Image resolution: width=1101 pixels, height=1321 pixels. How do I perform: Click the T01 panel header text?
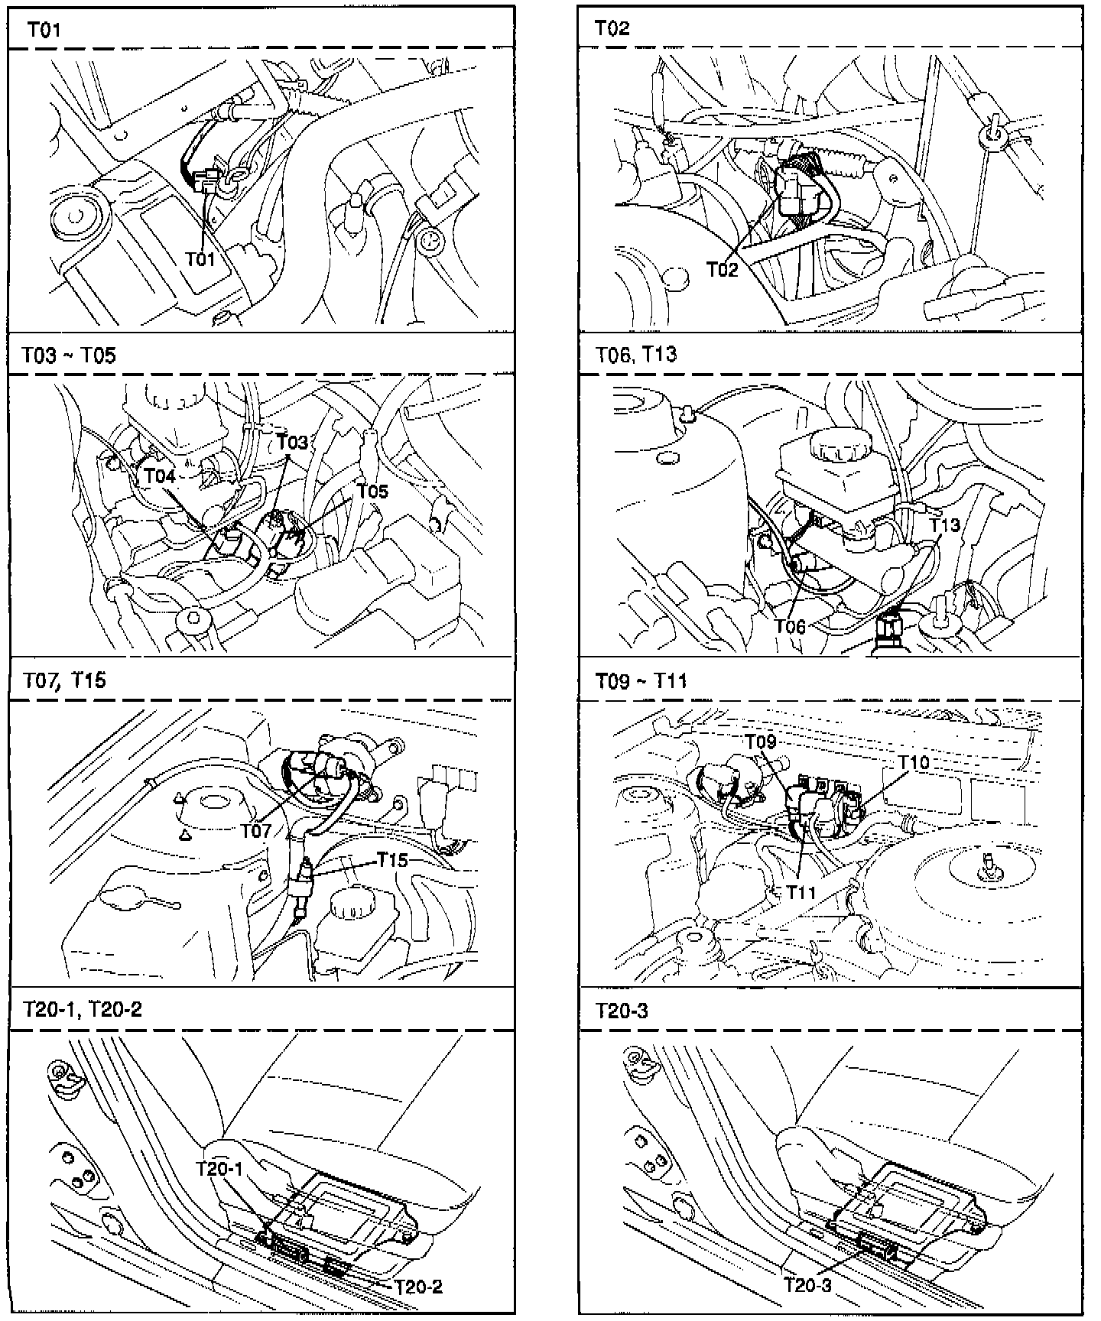click(x=44, y=30)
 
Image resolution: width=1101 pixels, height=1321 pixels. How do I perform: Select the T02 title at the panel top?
click(x=612, y=29)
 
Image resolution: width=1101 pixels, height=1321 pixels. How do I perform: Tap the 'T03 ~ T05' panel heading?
click(x=69, y=355)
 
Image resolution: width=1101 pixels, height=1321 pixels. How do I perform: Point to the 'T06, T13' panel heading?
click(x=636, y=355)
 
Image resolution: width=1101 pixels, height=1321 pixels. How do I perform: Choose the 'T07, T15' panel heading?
click(x=65, y=680)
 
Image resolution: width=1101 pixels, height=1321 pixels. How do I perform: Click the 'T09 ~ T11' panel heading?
click(x=641, y=680)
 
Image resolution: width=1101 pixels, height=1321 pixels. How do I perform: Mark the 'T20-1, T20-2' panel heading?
click(x=83, y=1009)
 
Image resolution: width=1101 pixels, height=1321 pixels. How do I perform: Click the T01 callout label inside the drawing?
click(x=200, y=260)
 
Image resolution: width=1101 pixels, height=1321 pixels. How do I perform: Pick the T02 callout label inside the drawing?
click(x=722, y=269)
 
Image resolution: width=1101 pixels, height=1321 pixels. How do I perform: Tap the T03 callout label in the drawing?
click(x=292, y=442)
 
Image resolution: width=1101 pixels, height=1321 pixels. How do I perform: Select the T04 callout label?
click(x=160, y=476)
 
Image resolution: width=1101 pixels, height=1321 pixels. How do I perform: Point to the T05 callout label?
click(x=372, y=492)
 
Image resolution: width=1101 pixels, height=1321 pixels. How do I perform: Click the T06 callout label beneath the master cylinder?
click(x=790, y=626)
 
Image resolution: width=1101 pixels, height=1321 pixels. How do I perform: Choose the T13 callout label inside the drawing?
click(x=945, y=525)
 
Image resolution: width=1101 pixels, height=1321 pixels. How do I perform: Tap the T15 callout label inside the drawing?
click(x=393, y=859)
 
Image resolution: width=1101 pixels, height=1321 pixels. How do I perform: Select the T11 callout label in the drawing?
click(x=801, y=892)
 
